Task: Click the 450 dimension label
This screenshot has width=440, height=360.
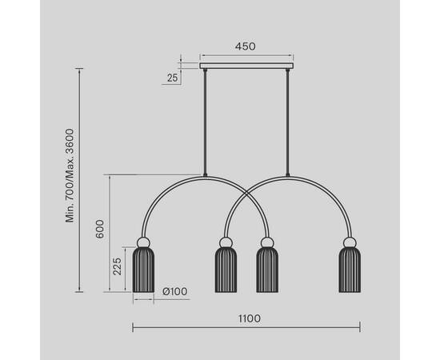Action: (x=246, y=46)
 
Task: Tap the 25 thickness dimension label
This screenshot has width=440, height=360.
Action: (x=173, y=78)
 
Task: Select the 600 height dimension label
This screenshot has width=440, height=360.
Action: (x=100, y=229)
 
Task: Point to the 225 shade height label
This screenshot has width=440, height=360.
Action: (x=117, y=266)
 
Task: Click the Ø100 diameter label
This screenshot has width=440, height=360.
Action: (x=175, y=291)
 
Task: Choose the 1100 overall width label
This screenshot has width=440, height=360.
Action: (x=250, y=318)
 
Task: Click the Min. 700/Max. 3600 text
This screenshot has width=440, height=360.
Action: (x=70, y=175)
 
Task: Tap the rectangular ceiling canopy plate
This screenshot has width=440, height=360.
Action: (x=246, y=66)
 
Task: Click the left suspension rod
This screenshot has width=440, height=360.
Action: (x=205, y=122)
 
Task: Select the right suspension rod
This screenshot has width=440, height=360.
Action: (x=288, y=122)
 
